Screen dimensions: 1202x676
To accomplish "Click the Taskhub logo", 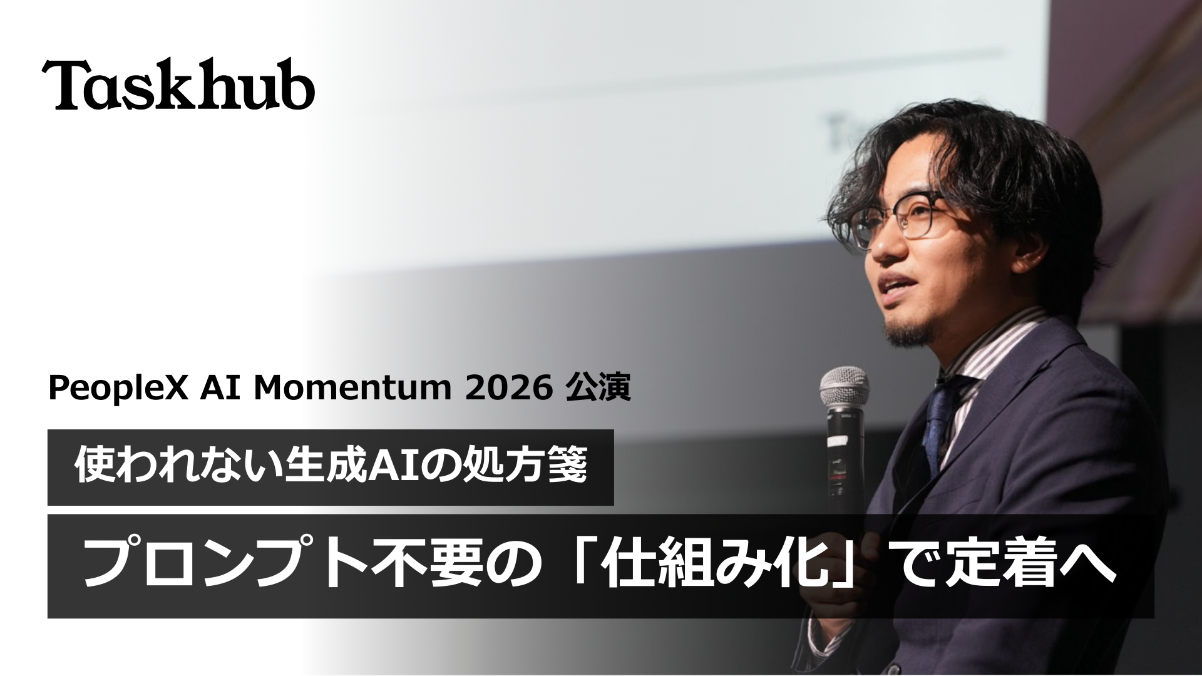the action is pyautogui.click(x=178, y=86).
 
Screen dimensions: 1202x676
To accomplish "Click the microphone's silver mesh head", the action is pyautogui.click(x=845, y=386).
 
